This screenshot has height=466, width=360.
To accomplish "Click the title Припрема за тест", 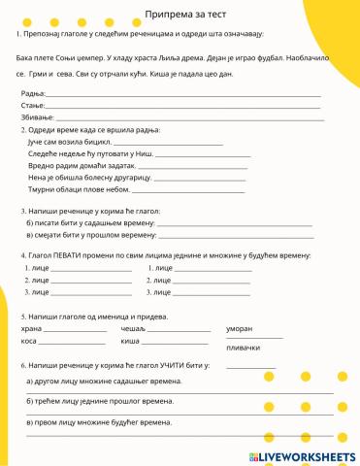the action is coord(180,14).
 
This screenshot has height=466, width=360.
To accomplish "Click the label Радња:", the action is coord(33,94).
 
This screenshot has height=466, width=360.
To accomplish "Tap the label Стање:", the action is coord(33,105).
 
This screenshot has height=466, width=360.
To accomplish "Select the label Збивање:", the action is coord(37,116).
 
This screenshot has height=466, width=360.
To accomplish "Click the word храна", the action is coord(31,329).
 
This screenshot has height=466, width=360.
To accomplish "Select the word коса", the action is coord(29,342).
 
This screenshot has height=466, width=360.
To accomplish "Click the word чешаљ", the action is coord(133,329).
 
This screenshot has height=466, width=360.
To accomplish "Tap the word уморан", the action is coord(239,329).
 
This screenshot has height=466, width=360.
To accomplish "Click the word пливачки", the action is coord(243,348).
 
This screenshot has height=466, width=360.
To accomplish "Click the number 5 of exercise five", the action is coord(23,316).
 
